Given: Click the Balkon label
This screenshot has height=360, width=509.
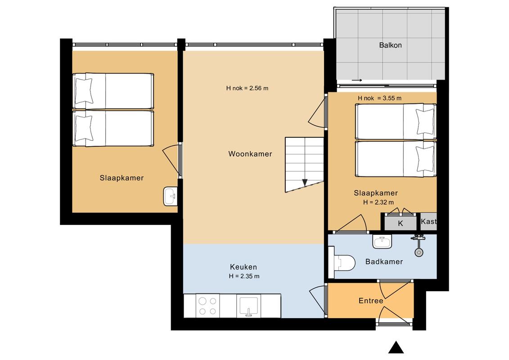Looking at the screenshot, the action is (x=390, y=45).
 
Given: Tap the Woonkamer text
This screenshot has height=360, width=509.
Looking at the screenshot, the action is (x=250, y=154).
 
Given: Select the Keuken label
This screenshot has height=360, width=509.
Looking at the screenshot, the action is (x=243, y=267).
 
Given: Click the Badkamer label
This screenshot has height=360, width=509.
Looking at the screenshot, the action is (x=384, y=261).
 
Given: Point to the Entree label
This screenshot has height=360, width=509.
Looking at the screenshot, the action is (x=371, y=301).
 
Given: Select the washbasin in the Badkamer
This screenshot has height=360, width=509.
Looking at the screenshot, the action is (x=383, y=242).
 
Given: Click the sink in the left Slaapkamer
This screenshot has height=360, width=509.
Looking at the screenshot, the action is (x=171, y=196).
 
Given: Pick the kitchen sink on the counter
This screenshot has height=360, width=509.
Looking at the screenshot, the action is (x=248, y=306).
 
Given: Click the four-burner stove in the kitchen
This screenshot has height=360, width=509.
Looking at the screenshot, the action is (x=208, y=306).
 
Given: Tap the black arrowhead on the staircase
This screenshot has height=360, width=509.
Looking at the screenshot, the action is (x=305, y=183).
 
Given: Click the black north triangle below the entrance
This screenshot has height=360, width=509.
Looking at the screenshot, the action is (x=396, y=347).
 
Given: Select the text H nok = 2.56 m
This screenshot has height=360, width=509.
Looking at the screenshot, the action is (x=247, y=88).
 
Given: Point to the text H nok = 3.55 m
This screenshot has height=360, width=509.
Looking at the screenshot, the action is (x=379, y=98).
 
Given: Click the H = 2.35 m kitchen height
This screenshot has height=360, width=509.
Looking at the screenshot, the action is (x=244, y=276).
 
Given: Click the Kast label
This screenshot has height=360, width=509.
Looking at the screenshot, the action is (x=429, y=221).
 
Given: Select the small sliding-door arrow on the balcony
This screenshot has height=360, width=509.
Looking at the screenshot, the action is (x=356, y=80).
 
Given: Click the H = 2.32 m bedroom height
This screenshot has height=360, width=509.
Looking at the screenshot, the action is (x=378, y=202).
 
